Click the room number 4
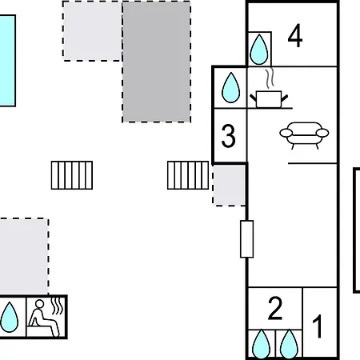coord(295,36)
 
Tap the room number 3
coord(229,136)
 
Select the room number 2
coord(275,308)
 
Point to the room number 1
coord(318,326)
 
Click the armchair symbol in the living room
coord(304,135)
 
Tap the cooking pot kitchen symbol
coord(269,99)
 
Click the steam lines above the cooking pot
coord(270,78)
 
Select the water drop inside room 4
coord(259,50)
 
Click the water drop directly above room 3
coord(231,87)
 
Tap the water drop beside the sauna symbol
coord(10,317)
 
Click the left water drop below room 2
coord(261,344)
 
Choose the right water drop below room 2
coord(289,344)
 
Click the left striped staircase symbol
coord(72,175)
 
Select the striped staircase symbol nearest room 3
coord(188,175)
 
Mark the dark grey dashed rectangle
coord(157,62)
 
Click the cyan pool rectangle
coord(7,61)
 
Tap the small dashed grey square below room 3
coord(229,186)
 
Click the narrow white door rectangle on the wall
coord(247,239)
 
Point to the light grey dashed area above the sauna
coord(24,257)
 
